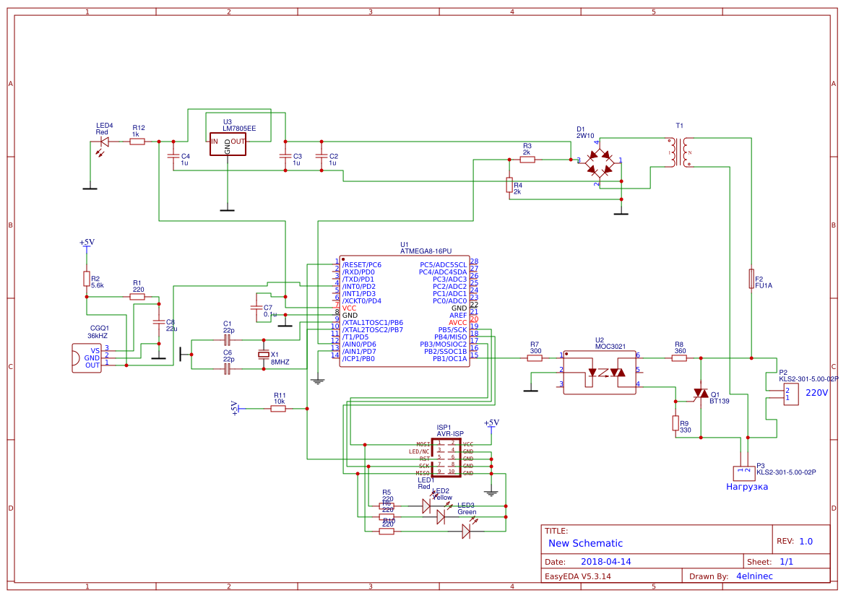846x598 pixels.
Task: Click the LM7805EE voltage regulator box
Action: click(228, 143)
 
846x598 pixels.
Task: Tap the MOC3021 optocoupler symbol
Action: click(599, 373)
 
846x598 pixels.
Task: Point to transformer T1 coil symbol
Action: click(679, 152)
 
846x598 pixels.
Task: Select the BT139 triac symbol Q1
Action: click(699, 393)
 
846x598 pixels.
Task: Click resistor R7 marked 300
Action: click(534, 357)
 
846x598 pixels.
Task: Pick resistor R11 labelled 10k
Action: click(278, 409)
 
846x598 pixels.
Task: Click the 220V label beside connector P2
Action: click(816, 393)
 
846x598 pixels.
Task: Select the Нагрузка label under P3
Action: click(746, 487)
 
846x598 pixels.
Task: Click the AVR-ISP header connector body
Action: click(446, 458)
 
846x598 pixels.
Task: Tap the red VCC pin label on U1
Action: click(350, 308)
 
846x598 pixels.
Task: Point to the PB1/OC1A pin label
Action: click(449, 359)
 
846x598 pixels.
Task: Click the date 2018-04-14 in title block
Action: click(605, 561)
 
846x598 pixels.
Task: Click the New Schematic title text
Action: click(585, 543)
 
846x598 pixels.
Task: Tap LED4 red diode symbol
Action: click(103, 142)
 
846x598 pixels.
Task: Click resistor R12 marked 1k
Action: click(137, 142)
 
